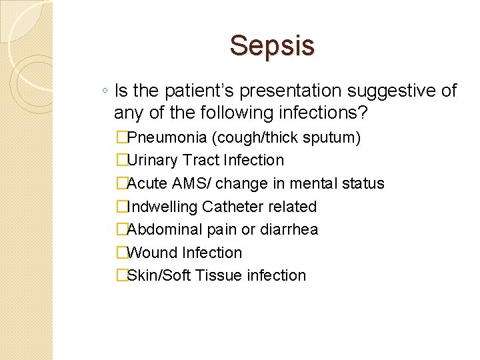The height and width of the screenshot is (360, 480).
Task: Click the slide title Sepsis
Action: click(272, 46)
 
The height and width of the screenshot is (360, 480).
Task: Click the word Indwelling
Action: click(163, 207)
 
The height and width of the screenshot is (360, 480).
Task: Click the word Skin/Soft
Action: click(159, 275)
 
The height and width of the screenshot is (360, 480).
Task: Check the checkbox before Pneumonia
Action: click(121, 137)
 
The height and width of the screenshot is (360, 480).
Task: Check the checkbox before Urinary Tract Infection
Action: click(121, 160)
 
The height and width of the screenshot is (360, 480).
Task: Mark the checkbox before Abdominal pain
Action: click(121, 229)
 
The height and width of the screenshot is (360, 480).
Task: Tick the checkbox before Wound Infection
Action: click(121, 253)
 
